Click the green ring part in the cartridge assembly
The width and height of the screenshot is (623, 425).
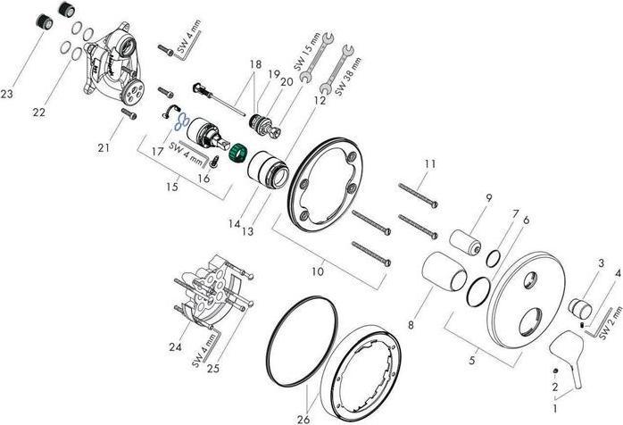click(237, 154)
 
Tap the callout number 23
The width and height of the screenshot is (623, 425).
click(8, 94)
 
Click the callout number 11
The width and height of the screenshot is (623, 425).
click(430, 164)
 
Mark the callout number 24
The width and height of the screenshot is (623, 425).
click(174, 347)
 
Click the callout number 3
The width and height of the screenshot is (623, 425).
click(601, 263)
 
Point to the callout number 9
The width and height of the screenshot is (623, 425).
click(489, 197)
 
